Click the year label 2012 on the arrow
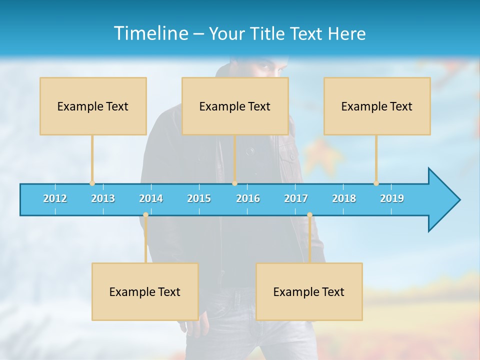pyautogui.click(x=55, y=198)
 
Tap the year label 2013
pyautogui.click(x=103, y=198)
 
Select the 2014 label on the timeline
pyautogui.click(x=151, y=198)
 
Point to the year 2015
pyautogui.click(x=199, y=198)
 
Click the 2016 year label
pyautogui.click(x=248, y=198)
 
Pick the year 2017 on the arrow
pyautogui.click(x=296, y=198)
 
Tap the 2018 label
pyautogui.click(x=344, y=198)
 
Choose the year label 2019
pyautogui.click(x=392, y=198)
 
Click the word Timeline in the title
pyautogui.click(x=150, y=33)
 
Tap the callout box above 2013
pyautogui.click(x=93, y=106)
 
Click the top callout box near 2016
pyautogui.click(x=235, y=106)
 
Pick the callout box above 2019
pyautogui.click(x=377, y=106)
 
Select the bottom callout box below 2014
pyautogui.click(x=145, y=291)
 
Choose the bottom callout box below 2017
pyautogui.click(x=309, y=291)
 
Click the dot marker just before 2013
pyautogui.click(x=92, y=183)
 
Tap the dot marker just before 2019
pyautogui.click(x=376, y=183)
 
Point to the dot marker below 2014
pyautogui.click(x=145, y=215)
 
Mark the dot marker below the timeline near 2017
pyautogui.click(x=309, y=215)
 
